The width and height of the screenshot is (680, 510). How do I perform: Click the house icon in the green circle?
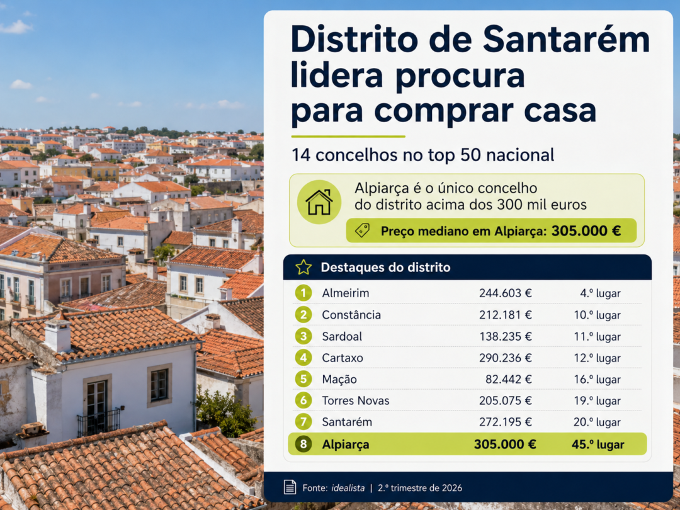point(319,202)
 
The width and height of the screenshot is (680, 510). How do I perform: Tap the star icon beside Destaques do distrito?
point(303,267)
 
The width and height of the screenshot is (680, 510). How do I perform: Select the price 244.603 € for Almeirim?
point(505,293)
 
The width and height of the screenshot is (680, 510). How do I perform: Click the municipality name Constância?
point(351,315)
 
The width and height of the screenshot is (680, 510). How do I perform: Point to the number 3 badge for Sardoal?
point(303,336)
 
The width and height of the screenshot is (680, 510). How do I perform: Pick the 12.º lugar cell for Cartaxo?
point(597,358)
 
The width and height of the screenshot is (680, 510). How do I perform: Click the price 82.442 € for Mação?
point(508,380)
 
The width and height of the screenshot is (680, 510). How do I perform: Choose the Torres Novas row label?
point(356,400)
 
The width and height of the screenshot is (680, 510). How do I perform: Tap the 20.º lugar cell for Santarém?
point(597,422)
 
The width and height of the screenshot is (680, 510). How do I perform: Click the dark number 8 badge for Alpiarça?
point(303,444)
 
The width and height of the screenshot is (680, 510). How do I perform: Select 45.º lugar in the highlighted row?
point(598,445)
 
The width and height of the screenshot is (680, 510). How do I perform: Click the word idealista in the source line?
point(348,488)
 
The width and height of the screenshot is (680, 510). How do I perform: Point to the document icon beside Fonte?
point(290,487)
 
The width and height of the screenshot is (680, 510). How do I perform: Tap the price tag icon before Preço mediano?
point(362,230)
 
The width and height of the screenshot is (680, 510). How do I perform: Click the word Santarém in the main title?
point(567,40)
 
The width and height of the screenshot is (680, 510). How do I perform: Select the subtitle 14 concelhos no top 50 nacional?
point(423,156)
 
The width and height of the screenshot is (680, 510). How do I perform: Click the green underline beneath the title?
point(348,136)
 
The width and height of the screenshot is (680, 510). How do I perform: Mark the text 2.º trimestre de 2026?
point(420,488)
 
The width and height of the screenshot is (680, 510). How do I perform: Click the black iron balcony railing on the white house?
point(99,422)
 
